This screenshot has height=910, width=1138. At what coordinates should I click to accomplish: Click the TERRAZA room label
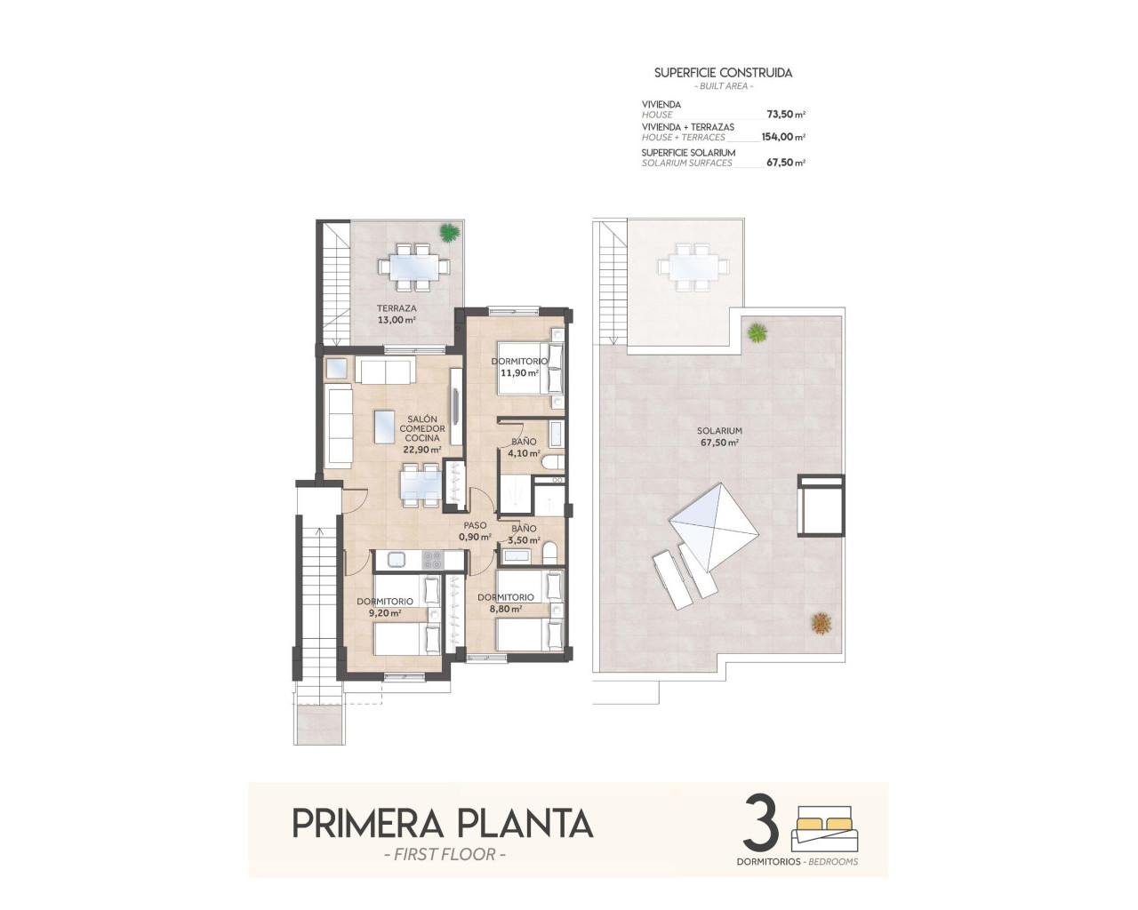[396, 308]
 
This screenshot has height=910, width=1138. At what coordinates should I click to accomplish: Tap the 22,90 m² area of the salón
[421, 450]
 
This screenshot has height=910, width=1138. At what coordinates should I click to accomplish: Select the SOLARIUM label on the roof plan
[719, 431]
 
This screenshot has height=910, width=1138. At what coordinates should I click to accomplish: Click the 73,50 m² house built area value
[785, 115]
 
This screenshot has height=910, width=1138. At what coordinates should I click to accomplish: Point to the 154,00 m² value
[782, 138]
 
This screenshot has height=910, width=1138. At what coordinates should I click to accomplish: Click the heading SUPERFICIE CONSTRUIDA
[723, 73]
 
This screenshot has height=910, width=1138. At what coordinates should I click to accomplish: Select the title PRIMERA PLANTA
[442, 824]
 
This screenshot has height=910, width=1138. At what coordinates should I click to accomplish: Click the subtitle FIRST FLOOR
[442, 855]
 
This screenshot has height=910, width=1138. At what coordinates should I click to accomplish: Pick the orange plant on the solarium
[821, 623]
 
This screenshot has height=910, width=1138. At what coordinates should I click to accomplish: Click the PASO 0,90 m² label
[475, 531]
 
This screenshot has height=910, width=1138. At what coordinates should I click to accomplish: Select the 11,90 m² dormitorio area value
[519, 373]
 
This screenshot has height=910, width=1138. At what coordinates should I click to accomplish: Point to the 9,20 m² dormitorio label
[385, 607]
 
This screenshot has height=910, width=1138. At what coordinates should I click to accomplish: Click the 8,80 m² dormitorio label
[505, 603]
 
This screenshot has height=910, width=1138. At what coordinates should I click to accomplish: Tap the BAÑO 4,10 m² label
[524, 447]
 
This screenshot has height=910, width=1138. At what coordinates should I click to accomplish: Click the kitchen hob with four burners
[431, 560]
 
